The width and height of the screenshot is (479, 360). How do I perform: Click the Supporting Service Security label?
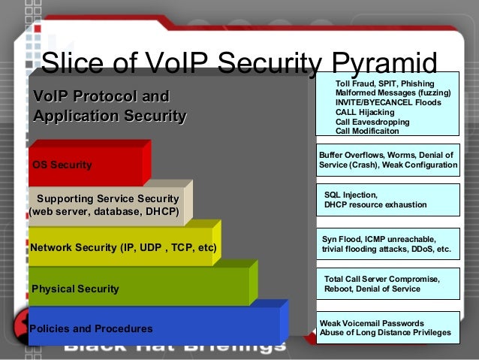point(108,198)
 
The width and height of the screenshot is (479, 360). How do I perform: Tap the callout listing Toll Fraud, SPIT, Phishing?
point(387,105)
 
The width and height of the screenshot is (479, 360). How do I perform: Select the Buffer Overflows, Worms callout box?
point(387,159)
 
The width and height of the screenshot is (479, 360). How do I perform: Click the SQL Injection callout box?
point(387,199)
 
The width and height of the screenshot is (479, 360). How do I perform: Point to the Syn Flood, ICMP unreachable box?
point(387,244)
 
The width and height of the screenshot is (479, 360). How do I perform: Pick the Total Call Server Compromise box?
point(387,284)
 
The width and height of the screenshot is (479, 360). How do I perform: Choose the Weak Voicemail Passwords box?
point(387,328)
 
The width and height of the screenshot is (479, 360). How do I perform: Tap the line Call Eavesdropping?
point(372,122)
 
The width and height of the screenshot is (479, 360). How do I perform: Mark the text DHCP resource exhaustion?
point(375,204)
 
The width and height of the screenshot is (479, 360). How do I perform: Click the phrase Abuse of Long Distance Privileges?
point(386,333)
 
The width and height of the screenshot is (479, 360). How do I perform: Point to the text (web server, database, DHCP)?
point(104,212)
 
